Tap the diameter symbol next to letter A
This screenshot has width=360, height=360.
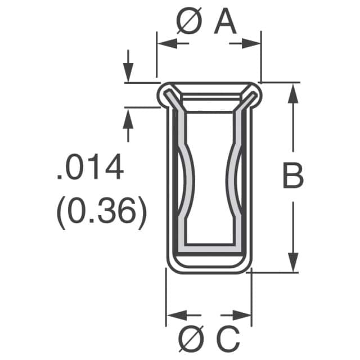pyautogui.click(x=189, y=23)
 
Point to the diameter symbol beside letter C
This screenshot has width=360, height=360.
pyautogui.click(x=191, y=339)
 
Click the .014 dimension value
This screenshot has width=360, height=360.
pyautogui.click(x=90, y=168)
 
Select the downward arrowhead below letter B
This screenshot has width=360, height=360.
pyautogui.click(x=292, y=262)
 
